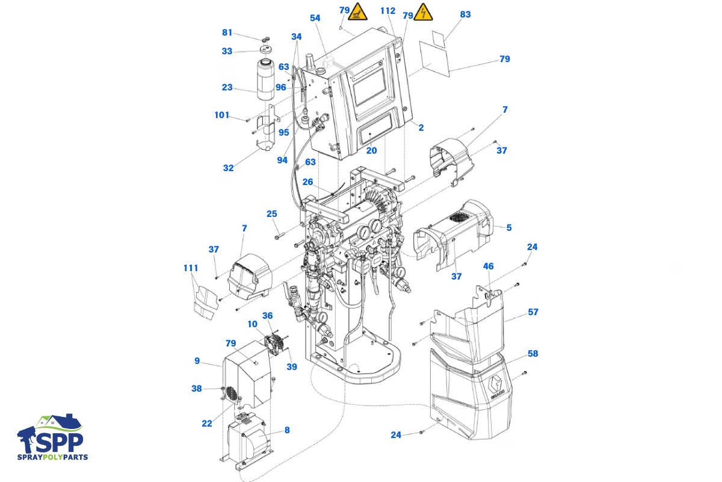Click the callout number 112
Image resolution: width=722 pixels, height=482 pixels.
(388, 11)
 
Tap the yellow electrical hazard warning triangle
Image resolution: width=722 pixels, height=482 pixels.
(424, 12)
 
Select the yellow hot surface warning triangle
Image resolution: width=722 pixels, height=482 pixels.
(359, 11)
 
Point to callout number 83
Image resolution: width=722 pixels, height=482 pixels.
(465, 14)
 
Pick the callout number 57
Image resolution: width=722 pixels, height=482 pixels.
(533, 312)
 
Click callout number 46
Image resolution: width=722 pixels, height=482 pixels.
(489, 266)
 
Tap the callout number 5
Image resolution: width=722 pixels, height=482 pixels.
(509, 228)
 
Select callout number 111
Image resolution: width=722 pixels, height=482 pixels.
(191, 268)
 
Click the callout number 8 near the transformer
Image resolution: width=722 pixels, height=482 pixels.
(287, 430)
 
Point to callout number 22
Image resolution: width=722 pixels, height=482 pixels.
(207, 424)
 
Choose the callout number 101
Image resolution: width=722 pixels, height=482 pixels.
(222, 115)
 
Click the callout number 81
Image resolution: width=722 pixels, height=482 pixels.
(227, 33)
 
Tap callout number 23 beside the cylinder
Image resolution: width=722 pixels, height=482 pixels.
(227, 87)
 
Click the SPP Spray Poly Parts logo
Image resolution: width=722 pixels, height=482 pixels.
(52, 437)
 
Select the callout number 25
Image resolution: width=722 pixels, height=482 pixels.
(272, 214)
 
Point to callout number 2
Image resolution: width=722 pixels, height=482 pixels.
(421, 128)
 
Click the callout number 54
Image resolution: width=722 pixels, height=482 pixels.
(315, 18)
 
